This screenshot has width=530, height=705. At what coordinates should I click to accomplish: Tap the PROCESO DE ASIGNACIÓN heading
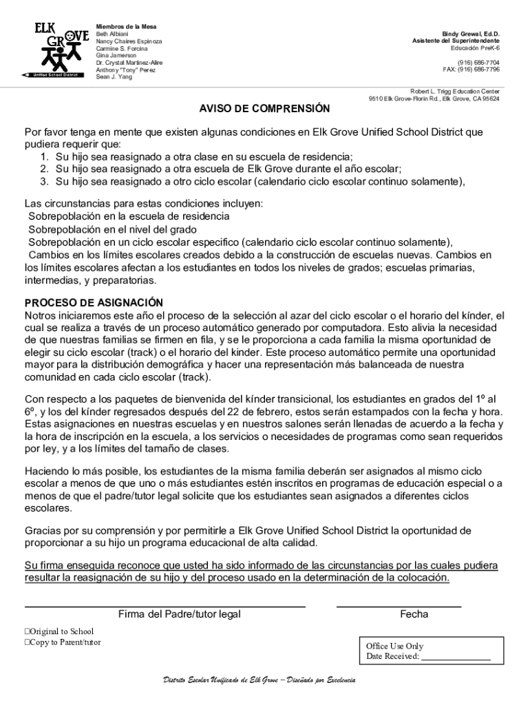pos(94,303)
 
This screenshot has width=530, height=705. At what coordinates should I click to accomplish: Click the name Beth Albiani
pos(112,34)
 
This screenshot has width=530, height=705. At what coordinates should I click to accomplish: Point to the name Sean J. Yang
pos(114,77)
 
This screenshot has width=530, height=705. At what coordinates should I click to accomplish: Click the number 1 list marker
pos(43,156)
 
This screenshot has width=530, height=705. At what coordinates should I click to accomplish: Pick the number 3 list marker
pos(43,182)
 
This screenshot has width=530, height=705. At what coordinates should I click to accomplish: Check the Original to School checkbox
pos(28,631)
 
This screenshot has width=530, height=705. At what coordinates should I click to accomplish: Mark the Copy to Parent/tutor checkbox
pos(28,642)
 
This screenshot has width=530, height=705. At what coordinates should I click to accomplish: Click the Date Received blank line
pos(456,660)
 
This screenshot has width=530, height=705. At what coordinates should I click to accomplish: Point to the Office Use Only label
pos(394,646)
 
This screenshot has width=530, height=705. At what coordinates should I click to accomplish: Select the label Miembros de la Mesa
pos(126,26)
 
